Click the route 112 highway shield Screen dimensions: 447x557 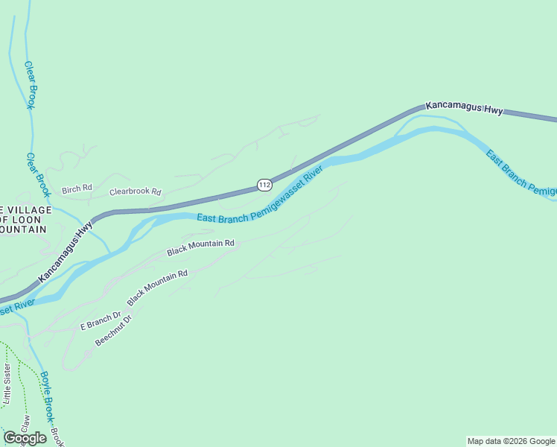tap(264, 184)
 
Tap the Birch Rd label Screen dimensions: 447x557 tap(77, 189)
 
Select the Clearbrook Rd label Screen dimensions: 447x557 tap(136, 191)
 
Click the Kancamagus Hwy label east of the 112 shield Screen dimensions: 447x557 tap(464, 108)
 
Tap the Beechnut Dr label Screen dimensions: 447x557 tap(114, 330)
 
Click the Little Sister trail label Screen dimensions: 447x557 tap(7, 384)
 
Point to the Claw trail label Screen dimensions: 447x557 tap(24, 425)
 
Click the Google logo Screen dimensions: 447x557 tap(25, 438)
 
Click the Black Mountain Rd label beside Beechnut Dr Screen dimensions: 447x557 tap(157, 288)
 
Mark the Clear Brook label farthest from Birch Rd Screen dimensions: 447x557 tap(31, 85)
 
